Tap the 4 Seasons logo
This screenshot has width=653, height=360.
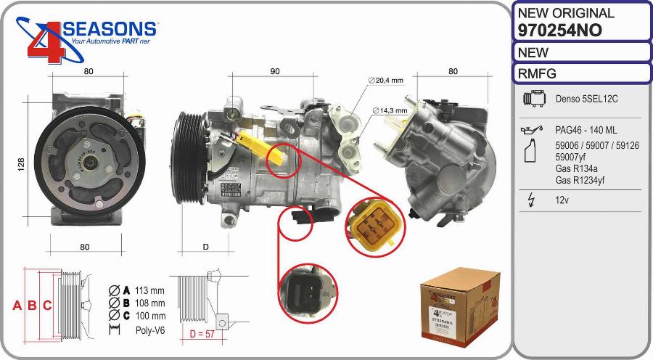pyautogui.click(x=87, y=40)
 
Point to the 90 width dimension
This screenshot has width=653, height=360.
pyautogui.click(x=275, y=71)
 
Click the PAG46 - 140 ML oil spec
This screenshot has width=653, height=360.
pyautogui.click(x=586, y=130)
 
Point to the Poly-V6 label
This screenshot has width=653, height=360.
pyautogui.click(x=150, y=329)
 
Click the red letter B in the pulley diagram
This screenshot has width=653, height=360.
pyautogui.click(x=32, y=306)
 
